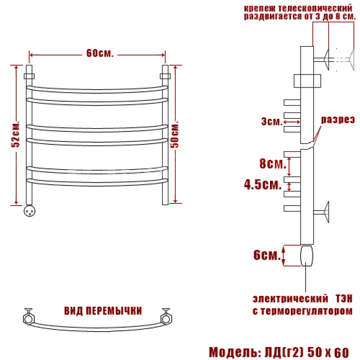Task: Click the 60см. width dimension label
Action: click(x=100, y=53)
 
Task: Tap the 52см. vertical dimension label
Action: click(x=16, y=134)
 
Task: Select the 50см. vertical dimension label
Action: click(x=175, y=135)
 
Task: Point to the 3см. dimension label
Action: click(x=272, y=121)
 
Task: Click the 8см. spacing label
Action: click(x=273, y=163)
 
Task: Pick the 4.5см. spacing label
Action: click(x=263, y=184)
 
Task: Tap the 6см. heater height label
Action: click(x=267, y=255)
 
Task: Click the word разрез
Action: click(x=338, y=120)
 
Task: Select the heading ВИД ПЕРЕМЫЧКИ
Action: click(x=103, y=311)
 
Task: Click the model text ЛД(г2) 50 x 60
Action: click(x=307, y=352)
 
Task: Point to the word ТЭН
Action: click(x=344, y=299)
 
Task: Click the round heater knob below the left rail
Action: click(x=30, y=211)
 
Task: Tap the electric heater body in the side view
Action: click(x=306, y=256)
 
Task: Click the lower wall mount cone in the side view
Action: click(x=326, y=212)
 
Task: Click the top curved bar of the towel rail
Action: click(x=97, y=90)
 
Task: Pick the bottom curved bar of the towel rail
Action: click(x=97, y=183)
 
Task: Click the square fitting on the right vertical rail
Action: click(x=165, y=76)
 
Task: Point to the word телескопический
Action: click(x=315, y=9)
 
